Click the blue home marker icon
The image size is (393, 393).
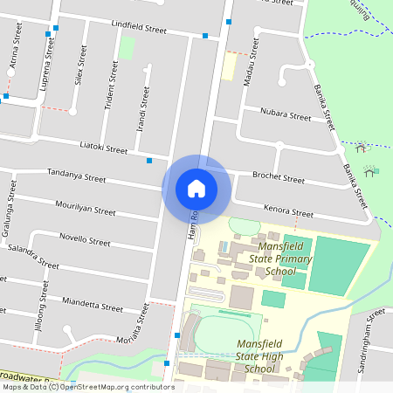[196, 189]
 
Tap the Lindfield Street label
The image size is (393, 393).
[139, 29]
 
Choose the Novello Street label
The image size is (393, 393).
[84, 238]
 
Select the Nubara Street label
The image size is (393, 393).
[285, 115]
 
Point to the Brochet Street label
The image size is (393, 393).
[278, 179]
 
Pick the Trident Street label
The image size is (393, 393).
[111, 86]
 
